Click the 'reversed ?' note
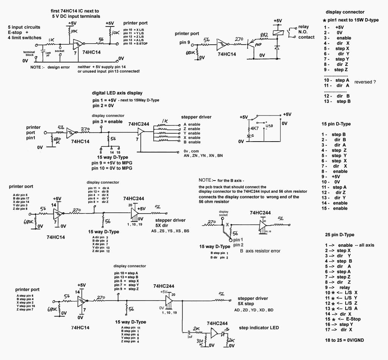(x=367, y=82)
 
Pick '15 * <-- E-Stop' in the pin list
(x=343, y=319)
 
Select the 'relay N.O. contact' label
(x=303, y=32)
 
